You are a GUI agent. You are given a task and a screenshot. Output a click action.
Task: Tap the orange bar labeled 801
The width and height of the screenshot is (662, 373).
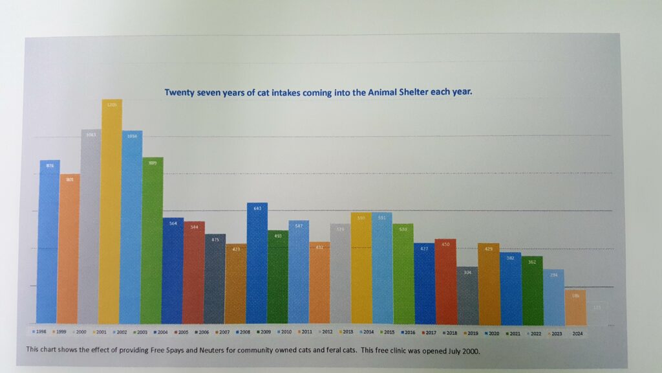pos(70,249)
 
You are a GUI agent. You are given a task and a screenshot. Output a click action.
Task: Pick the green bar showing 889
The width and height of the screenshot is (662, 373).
pos(153,240)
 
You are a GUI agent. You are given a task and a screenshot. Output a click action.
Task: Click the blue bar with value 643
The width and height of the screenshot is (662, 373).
pos(257,263)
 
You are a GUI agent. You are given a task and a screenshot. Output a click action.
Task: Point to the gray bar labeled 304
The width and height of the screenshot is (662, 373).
pos(467,295)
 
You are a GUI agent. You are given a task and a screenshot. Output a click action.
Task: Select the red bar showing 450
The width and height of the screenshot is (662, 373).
pos(445,281)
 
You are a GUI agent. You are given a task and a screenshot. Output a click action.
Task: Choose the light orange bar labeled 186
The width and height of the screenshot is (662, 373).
pos(575,307)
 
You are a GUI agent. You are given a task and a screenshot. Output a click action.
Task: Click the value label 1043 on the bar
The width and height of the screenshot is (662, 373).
pos(91,135)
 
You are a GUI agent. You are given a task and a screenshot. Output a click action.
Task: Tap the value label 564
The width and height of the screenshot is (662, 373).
pos(173,223)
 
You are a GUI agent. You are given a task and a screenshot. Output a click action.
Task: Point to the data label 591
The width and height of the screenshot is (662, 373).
pos(381,218)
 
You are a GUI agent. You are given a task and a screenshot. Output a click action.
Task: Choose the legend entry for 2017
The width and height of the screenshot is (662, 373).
pos(429,332)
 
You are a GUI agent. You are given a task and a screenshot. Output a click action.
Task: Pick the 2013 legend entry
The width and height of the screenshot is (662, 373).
pos(347,332)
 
